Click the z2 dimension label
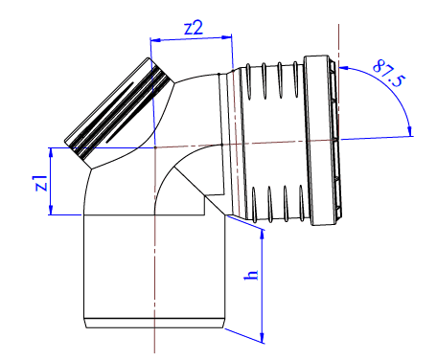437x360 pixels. (x=194, y=28)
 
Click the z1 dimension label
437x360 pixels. (x=41, y=183)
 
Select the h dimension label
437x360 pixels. (x=251, y=275)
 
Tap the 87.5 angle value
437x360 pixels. (x=389, y=73)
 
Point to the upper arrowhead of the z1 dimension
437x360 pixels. (x=51, y=153)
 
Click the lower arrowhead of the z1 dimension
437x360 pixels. (x=51, y=210)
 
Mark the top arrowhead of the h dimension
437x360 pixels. (x=263, y=235)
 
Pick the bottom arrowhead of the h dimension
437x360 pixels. (x=263, y=338)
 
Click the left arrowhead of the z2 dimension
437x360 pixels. (x=155, y=40)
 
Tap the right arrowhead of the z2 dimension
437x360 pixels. (x=226, y=37)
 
